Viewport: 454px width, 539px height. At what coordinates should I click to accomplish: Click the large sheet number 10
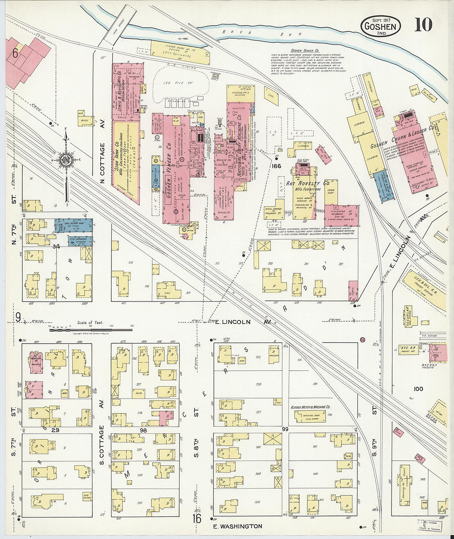[423, 25]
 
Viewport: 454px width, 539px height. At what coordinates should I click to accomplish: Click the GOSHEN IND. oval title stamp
[381, 26]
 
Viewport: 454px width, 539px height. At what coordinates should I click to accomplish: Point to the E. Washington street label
[237, 526]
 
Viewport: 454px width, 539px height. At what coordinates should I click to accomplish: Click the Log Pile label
[173, 83]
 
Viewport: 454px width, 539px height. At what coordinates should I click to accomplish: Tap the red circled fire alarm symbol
[363, 340]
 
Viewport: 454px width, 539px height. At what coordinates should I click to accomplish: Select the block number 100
[418, 389]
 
